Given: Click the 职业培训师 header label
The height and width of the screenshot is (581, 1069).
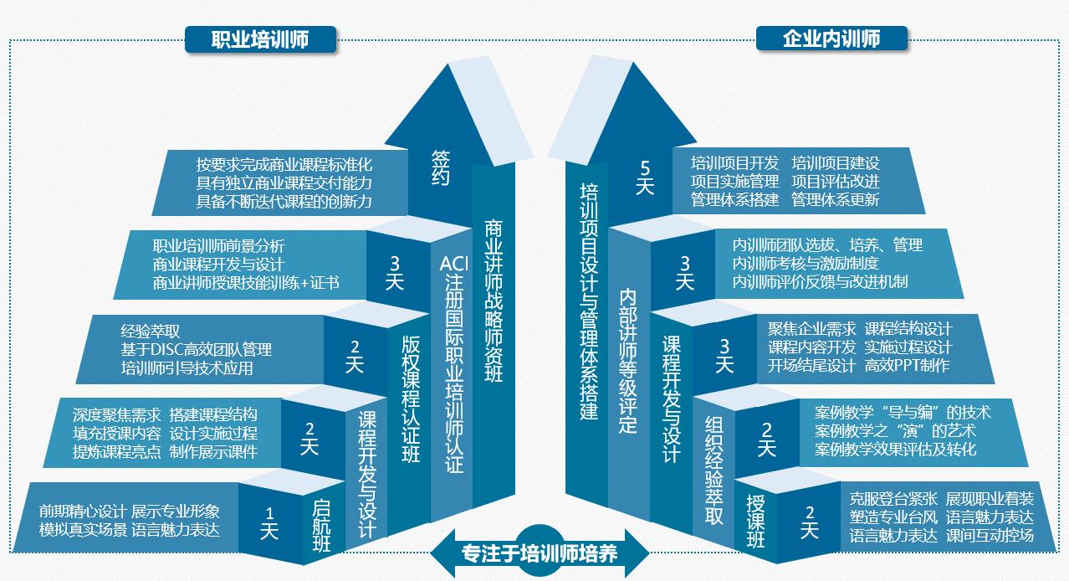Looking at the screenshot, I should point(260,39).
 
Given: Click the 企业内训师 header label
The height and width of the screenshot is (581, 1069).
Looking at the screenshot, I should point(832,39).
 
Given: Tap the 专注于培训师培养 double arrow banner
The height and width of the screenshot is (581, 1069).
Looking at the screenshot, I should point(540,553).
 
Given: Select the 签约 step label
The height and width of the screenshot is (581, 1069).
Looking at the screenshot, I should point(441,167).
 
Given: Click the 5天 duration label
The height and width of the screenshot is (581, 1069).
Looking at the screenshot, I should point(643,177).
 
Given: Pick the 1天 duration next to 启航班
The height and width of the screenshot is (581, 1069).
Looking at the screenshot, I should point(269,522).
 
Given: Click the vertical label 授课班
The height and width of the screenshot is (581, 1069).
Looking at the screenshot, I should point(754,520).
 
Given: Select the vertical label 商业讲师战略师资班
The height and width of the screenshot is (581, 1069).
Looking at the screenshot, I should point(494,301).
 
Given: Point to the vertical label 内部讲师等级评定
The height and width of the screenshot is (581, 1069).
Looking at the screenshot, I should point(628,361).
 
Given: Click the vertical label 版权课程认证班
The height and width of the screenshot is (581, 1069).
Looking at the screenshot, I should point(410,398).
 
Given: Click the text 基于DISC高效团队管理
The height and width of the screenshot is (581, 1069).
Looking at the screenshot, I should point(196,349).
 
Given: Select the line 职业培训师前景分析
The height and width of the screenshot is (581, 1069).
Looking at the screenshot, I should point(218,246).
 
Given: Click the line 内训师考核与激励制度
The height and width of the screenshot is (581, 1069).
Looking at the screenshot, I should point(805,263).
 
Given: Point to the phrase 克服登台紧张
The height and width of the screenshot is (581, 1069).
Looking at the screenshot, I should point(893,497).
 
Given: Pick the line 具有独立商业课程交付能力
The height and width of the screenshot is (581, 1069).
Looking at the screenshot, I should point(284,183).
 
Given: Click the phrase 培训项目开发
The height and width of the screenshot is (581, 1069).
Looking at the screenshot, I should point(734,162).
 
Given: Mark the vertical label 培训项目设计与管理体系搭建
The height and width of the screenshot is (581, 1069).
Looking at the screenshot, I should point(589,302).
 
